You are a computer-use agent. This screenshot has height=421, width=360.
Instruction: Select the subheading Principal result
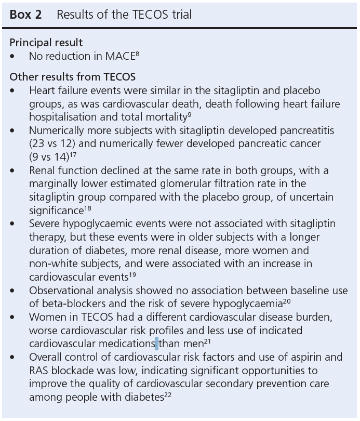point(46,43)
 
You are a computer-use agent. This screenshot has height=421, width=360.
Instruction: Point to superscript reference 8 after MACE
point(138,54)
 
